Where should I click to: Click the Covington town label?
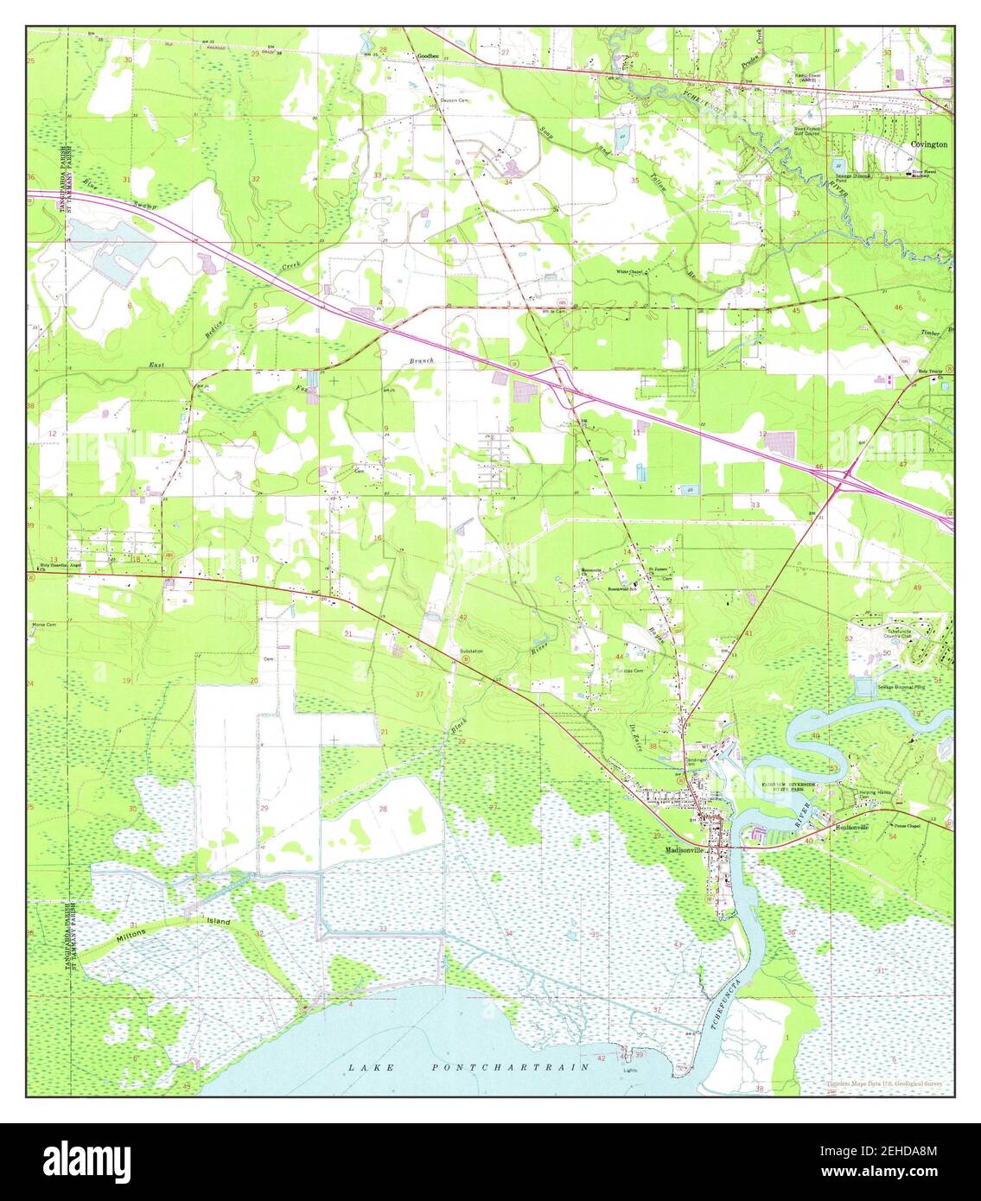coord(928,145)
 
